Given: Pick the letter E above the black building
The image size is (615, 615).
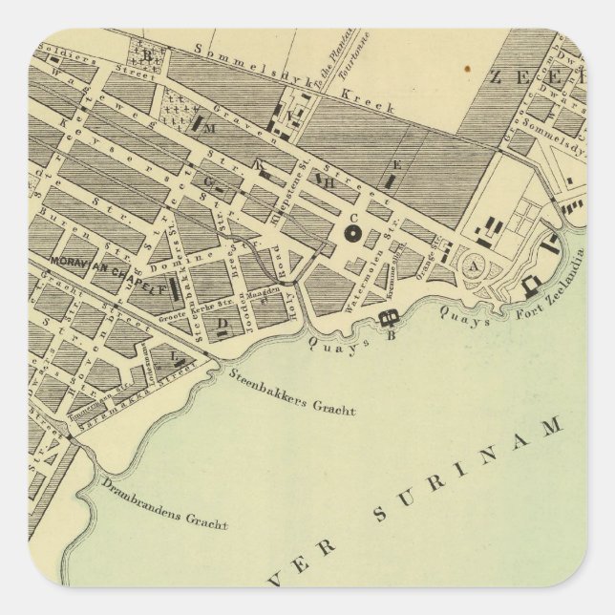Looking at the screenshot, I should tap(397, 164).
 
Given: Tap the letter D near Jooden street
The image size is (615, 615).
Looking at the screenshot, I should tap(223, 323).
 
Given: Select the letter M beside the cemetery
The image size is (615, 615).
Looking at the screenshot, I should tap(211, 127).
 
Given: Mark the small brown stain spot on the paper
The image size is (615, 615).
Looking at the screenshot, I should tap(468, 69).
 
